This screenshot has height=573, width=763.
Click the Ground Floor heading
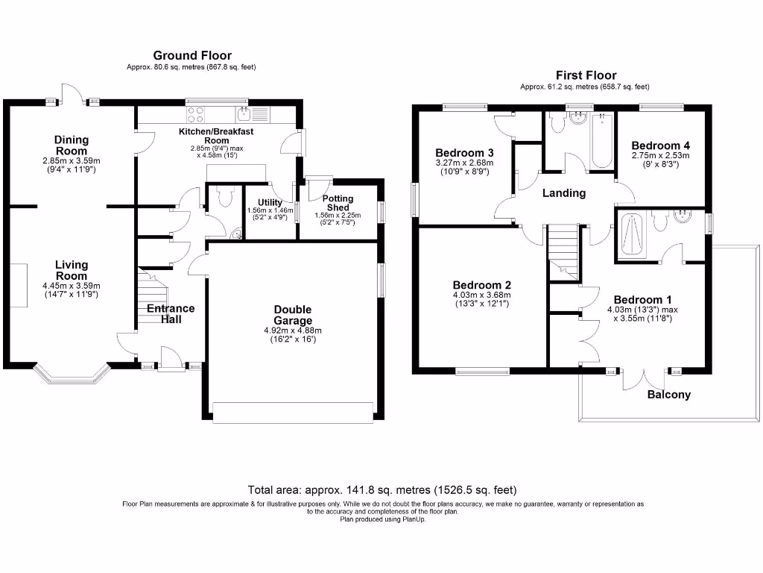(192, 56)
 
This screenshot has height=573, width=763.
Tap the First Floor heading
(586, 75)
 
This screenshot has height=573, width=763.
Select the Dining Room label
(72, 145)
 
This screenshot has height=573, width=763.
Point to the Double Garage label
(292, 315)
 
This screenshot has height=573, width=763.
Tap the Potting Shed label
(338, 203)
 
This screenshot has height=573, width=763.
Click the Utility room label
(269, 203)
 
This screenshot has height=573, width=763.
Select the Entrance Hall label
(171, 313)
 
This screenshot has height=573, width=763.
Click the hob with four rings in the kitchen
(196, 115)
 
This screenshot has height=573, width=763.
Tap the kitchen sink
(245, 114)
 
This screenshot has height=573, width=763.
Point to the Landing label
(563, 193)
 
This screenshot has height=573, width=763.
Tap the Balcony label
(668, 395)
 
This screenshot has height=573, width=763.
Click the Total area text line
(381, 490)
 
